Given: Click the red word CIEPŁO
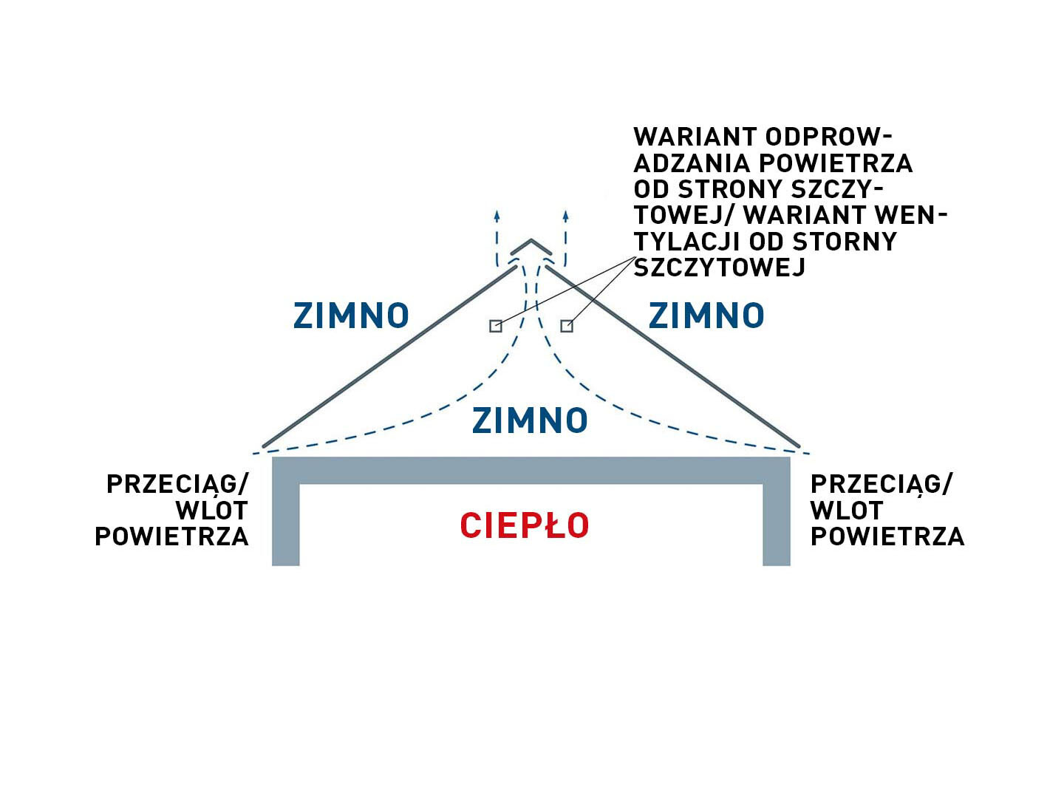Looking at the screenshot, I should [x=525, y=526].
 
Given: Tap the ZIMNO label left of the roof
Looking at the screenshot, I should [x=351, y=316].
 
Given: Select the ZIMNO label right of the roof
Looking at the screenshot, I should [x=706, y=316].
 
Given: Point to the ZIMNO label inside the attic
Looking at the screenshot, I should [x=530, y=421].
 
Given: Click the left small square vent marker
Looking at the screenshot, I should [x=496, y=326].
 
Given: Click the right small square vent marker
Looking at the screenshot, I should [x=567, y=326].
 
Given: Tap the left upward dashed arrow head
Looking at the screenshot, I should [x=497, y=216].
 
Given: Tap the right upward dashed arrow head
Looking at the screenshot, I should [x=565, y=216].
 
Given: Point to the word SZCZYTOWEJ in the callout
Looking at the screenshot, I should [x=719, y=267].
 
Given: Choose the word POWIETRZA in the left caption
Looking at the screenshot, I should [x=171, y=536].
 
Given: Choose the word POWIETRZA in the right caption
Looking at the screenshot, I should [x=887, y=536].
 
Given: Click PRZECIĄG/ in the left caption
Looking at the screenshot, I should [x=178, y=484].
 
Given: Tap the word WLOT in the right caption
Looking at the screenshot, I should [x=847, y=511].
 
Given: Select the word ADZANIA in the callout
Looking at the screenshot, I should [x=692, y=163].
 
